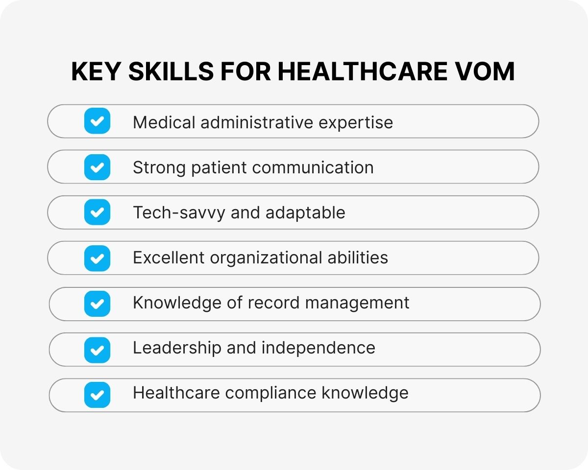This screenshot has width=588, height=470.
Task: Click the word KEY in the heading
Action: pyautogui.click(x=96, y=72)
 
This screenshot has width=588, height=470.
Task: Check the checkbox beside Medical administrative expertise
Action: pyautogui.click(x=97, y=121)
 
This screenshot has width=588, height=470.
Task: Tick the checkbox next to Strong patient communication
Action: pyautogui.click(x=97, y=167)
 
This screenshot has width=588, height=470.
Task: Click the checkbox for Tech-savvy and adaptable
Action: pyautogui.click(x=97, y=212)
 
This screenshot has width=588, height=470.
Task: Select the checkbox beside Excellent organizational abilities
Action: pyautogui.click(x=97, y=258)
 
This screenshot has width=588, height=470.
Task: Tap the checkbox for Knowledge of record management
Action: pyautogui.click(x=97, y=304)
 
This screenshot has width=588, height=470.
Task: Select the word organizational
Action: pyautogui.click(x=264, y=258)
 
